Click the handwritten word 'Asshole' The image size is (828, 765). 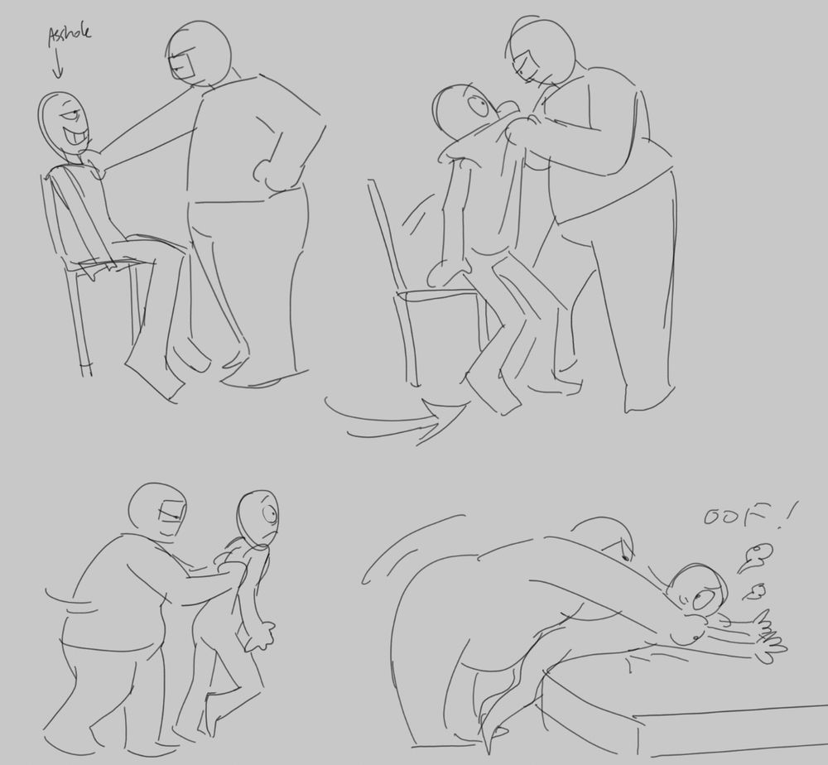click(x=70, y=34)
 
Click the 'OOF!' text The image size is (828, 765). click(x=749, y=515)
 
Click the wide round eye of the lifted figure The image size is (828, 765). click(x=479, y=108)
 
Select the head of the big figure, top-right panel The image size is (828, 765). click(x=542, y=51)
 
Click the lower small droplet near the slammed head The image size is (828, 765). click(x=754, y=592)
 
